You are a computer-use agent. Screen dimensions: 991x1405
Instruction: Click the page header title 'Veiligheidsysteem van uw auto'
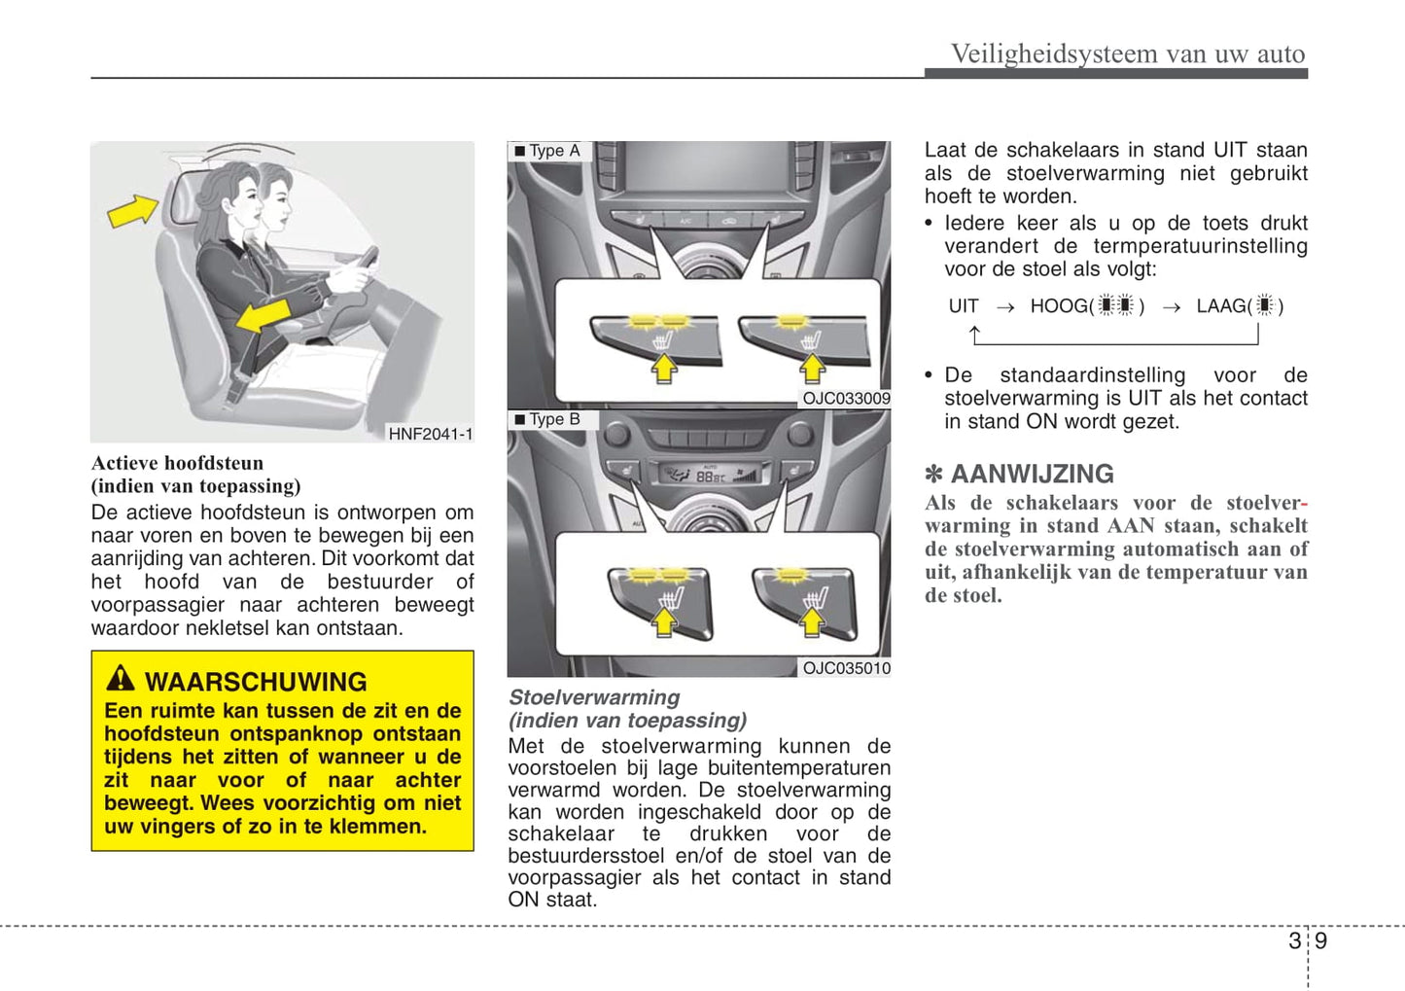click(x=1127, y=53)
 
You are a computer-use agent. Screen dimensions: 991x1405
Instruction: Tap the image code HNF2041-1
click(x=430, y=434)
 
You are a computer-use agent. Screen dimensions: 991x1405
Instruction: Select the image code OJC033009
click(x=846, y=398)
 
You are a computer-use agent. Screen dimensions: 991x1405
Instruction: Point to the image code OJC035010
click(x=846, y=668)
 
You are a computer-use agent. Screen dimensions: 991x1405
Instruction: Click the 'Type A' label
click(x=553, y=151)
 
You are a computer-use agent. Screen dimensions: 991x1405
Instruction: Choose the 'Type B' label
click(x=553, y=419)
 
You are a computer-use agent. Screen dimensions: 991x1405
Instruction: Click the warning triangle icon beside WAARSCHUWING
click(x=121, y=678)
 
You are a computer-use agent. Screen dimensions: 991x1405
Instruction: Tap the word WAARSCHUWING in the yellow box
click(x=256, y=682)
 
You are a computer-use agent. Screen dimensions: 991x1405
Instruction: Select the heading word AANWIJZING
click(x=1032, y=475)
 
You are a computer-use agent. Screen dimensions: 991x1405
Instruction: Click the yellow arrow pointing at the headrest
click(x=132, y=210)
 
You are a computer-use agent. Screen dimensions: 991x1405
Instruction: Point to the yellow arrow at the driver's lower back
click(x=263, y=316)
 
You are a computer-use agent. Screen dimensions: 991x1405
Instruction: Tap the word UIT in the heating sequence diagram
click(x=963, y=306)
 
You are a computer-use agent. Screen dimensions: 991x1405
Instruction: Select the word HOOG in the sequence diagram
click(x=1058, y=306)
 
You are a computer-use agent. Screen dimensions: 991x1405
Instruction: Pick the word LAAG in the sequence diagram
click(x=1221, y=306)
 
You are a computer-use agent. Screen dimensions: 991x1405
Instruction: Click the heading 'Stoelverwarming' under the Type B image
click(x=594, y=697)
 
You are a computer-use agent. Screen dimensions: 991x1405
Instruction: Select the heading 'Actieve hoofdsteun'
click(x=177, y=463)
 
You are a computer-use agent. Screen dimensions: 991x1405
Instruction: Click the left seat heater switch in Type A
click(x=656, y=336)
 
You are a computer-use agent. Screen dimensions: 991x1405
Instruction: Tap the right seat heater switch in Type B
click(x=806, y=601)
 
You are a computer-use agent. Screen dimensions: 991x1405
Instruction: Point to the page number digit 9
click(x=1320, y=940)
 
